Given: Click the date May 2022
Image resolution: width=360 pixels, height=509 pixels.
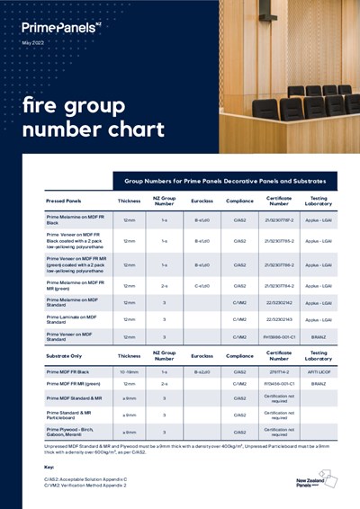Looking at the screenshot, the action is [33, 43].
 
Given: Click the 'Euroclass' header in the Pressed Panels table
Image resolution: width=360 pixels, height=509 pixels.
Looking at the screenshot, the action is [202, 201].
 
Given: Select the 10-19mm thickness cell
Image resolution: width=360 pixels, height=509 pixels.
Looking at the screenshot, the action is [130, 371].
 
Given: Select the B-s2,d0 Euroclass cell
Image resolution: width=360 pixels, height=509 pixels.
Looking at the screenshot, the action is [202, 371].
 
